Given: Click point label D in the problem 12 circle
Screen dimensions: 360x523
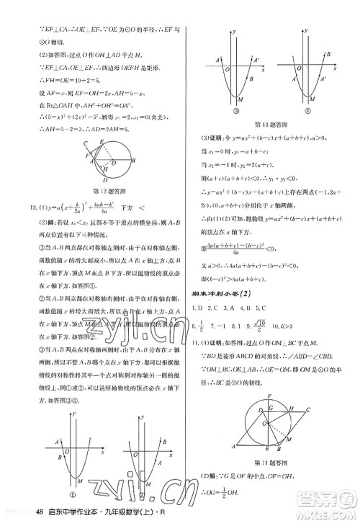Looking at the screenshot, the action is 106,180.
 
